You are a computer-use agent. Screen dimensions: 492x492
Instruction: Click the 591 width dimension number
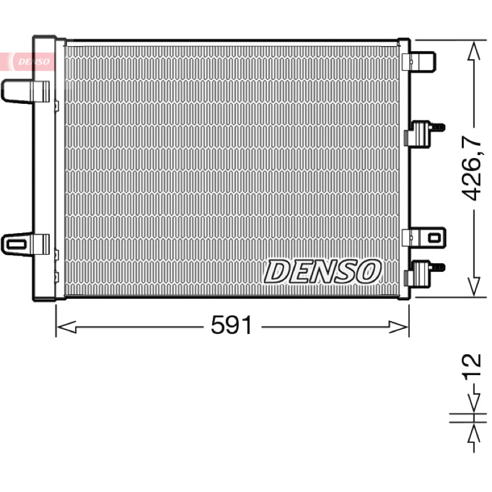[x=232, y=325]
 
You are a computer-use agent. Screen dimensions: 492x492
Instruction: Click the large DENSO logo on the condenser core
[x=322, y=272]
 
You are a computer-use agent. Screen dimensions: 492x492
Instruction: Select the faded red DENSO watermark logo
[x=34, y=61]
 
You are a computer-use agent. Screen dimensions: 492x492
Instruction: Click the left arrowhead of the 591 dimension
[x=66, y=327]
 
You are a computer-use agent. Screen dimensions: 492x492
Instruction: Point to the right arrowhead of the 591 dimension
[x=399, y=327]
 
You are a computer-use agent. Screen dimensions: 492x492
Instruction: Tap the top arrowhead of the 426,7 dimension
[x=474, y=51]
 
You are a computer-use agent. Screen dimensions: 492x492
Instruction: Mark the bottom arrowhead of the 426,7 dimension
[x=474, y=286]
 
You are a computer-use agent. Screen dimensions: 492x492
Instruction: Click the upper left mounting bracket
[x=25, y=91]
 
